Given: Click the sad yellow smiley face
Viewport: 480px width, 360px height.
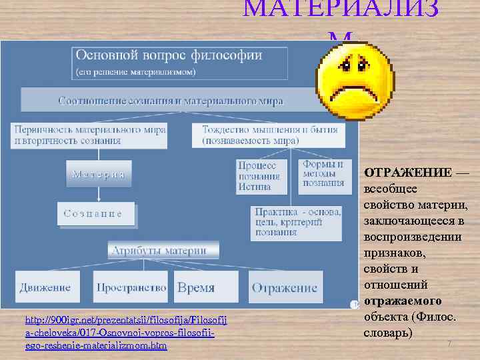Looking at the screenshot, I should tap(346, 79).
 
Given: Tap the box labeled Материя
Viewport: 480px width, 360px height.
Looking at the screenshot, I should tap(99, 174).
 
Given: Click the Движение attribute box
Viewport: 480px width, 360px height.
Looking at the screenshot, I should tap(45, 288).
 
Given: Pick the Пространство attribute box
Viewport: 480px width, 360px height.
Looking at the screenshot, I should tap(131, 288).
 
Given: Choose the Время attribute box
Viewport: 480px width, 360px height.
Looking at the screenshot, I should tap(196, 288).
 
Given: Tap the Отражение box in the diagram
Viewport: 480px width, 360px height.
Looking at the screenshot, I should tap(285, 288).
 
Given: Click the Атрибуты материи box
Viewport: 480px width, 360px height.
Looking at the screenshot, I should tap(159, 251).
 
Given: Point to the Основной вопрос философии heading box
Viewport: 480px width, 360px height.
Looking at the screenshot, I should tap(181, 63).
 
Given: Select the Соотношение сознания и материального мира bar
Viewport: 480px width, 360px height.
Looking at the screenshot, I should tap(171, 101).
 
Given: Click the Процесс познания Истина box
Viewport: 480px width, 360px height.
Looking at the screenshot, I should tap(261, 175).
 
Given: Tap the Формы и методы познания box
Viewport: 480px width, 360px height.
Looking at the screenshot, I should tap(323, 173).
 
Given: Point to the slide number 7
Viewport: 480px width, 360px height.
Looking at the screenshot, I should tap(449, 343).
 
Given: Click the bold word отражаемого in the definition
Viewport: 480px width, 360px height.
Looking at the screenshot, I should tap(403, 301).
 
